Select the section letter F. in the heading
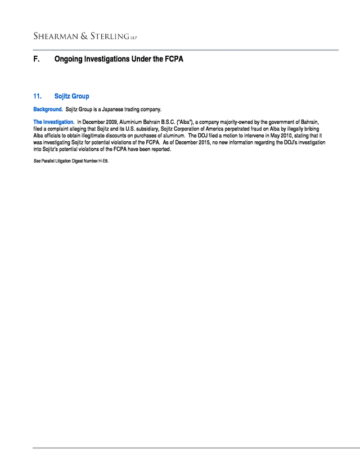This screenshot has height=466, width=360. (x=37, y=59)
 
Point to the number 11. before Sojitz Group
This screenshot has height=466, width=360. (x=38, y=96)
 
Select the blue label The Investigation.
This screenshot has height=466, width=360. (x=53, y=122)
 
